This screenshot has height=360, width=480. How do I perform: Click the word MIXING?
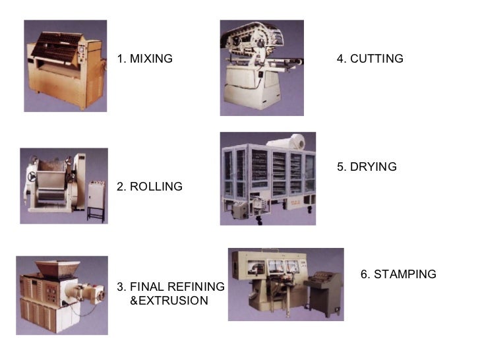tap(151, 59)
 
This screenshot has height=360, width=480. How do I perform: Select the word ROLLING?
tap(156, 187)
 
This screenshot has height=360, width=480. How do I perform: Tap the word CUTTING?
tap(376, 59)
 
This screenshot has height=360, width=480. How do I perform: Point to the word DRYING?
tap(373, 167)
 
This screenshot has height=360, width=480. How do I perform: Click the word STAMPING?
tap(405, 274)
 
